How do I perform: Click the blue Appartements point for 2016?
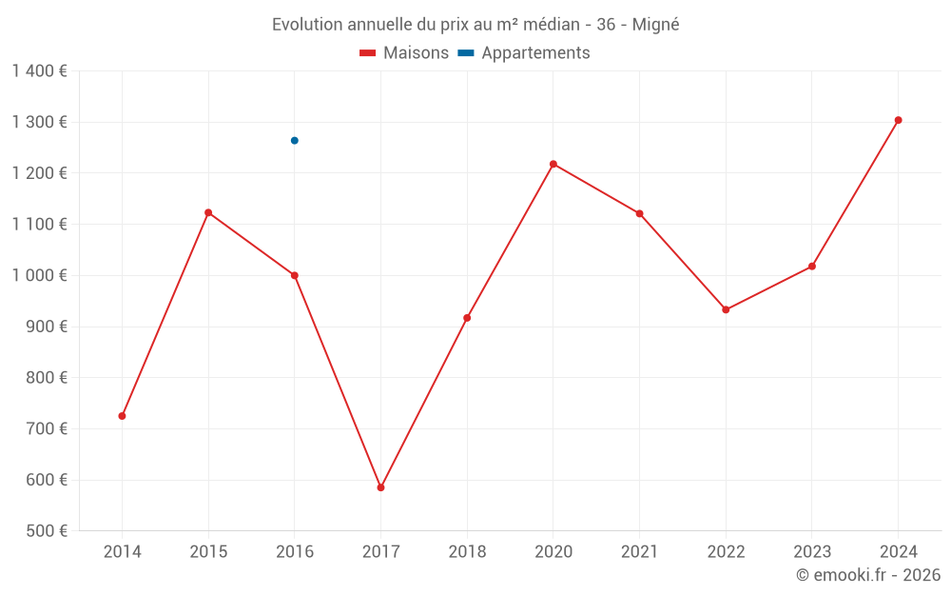(295, 141)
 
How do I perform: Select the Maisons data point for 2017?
(380, 487)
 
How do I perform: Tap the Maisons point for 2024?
(898, 121)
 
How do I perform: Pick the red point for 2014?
(123, 416)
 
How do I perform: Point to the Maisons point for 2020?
(553, 165)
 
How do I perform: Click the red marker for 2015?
(208, 213)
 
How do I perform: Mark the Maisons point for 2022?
(726, 309)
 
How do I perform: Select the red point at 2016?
(295, 276)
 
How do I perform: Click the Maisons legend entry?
(404, 53)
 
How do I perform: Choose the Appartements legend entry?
(524, 53)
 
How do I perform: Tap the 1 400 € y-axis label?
(39, 71)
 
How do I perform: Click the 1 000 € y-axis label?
(39, 276)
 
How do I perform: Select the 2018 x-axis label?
(467, 552)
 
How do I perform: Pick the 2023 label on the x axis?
(811, 552)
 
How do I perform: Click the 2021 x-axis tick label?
(639, 552)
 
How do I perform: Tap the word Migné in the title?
(655, 25)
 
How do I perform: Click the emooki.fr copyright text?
(868, 575)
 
